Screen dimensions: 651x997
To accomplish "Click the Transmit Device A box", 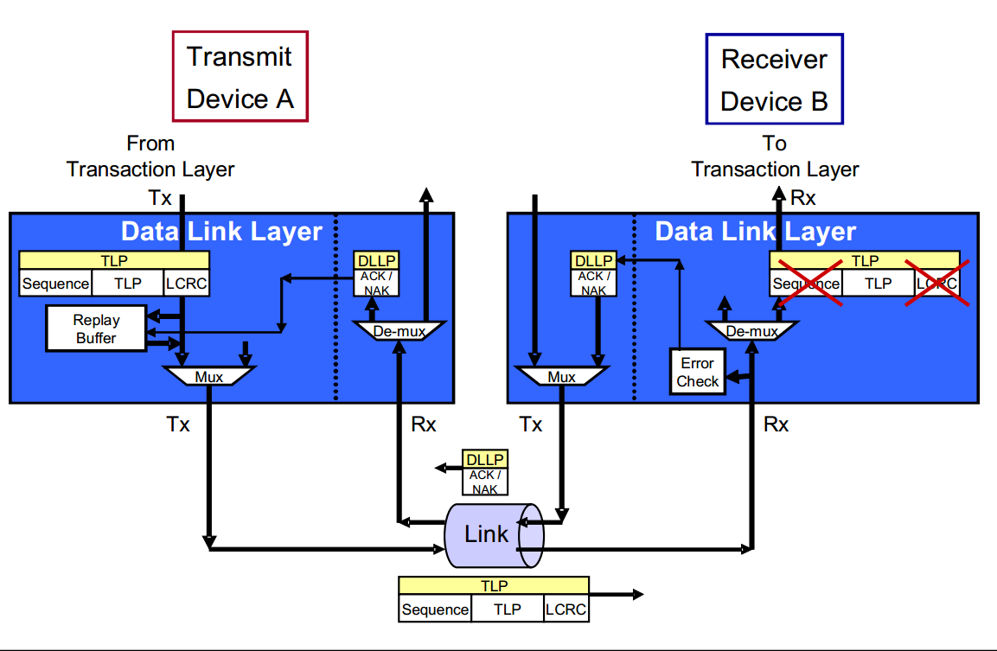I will tap(240, 77).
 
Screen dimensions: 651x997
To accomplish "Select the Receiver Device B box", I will tap(774, 80).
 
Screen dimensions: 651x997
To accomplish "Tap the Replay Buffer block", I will tap(96, 329).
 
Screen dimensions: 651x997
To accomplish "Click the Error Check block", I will tap(698, 373).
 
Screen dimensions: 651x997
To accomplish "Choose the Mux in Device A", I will tap(208, 377).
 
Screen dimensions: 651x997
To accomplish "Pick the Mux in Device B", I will tap(561, 377).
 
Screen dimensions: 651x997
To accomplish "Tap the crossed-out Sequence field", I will tap(805, 283).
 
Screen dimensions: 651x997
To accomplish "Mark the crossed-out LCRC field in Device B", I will tap(936, 283).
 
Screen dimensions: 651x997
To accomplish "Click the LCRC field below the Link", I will tap(566, 610).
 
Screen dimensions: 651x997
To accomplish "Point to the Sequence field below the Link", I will tap(435, 610).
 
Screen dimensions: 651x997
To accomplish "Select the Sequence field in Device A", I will tap(55, 283).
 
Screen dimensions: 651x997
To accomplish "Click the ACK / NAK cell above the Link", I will tap(484, 482).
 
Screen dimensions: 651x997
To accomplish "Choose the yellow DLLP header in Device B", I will tap(593, 260).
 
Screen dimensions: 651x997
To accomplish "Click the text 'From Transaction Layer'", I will tap(150, 156).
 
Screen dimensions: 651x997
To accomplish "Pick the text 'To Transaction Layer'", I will tap(775, 156).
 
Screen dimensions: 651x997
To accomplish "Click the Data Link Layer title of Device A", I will tap(221, 232).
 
